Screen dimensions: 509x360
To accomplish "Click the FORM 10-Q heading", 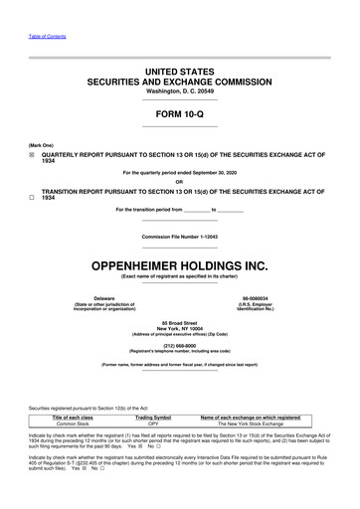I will coord(179,114).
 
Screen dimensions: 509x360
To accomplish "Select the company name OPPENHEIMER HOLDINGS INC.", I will coord(179,265).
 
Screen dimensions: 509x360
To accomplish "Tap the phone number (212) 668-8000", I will coord(179,347).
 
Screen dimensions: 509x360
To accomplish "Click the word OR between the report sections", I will coord(179,181).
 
